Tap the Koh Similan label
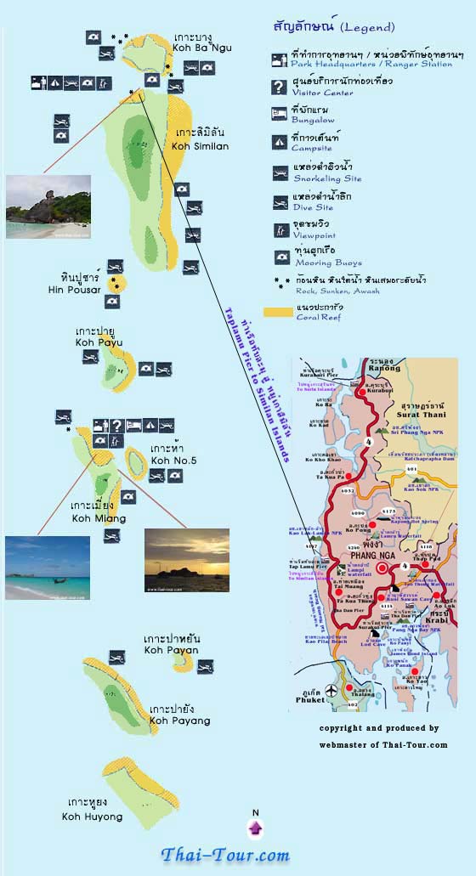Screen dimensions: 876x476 click(x=200, y=146)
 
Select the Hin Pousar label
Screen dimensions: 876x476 click(x=75, y=290)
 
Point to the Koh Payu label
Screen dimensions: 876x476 click(x=99, y=342)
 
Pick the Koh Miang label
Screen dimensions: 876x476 click(x=99, y=517)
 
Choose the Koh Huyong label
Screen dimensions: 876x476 click(x=92, y=817)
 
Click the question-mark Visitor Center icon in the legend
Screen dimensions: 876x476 click(x=279, y=86)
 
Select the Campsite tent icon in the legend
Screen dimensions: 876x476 click(x=279, y=142)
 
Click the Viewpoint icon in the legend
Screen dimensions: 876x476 click(x=279, y=228)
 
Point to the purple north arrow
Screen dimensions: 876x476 click(x=255, y=828)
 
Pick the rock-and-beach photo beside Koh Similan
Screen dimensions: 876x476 click(x=48, y=206)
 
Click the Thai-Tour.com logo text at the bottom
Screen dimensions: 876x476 click(x=226, y=854)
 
